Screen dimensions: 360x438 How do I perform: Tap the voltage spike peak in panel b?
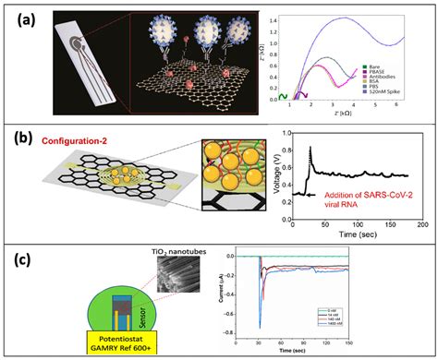coord(310,148)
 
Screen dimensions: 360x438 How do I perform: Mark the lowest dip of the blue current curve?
coord(260,327)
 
